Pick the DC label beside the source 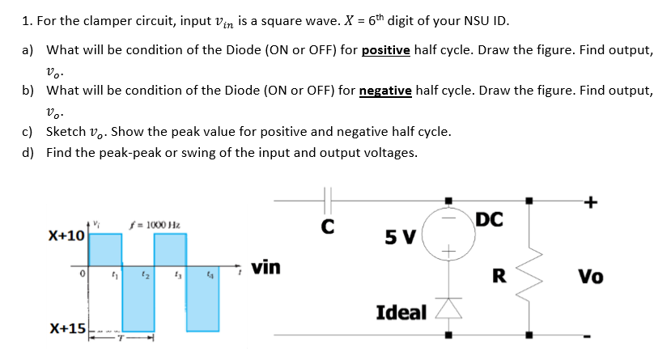pos(491,218)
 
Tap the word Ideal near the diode pos(401,311)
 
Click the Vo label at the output pos(590,277)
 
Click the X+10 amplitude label pos(66,235)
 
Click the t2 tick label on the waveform pos(146,276)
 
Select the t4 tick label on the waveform pos(210,276)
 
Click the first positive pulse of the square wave pos(105,251)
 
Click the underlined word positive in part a pos(387,50)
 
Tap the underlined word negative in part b pos(388,91)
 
